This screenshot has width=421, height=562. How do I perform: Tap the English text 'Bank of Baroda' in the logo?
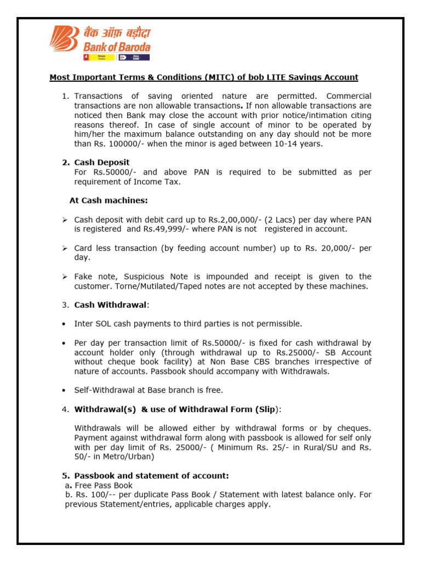(x=117, y=47)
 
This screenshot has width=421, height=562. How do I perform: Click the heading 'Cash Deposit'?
(x=102, y=162)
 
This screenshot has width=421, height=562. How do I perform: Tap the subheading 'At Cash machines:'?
(x=109, y=200)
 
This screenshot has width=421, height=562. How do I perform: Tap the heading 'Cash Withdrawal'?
(x=110, y=305)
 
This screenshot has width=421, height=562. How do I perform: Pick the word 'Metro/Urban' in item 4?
(x=131, y=457)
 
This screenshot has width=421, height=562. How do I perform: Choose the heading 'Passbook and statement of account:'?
(x=151, y=476)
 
